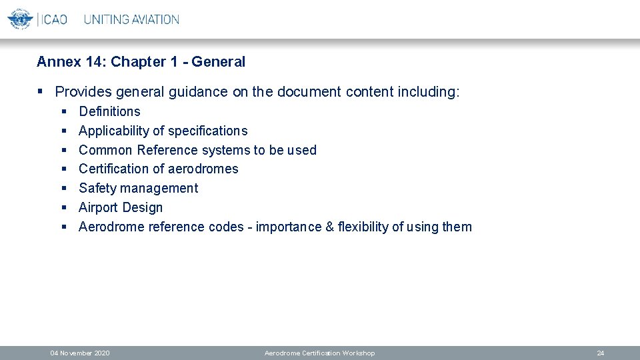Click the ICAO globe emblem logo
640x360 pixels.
coord(20,19)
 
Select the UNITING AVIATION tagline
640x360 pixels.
coord(131,19)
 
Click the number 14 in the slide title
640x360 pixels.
coord(93,62)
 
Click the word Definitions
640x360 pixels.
coord(109,111)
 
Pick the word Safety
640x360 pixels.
coord(97,188)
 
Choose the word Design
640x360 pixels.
coord(141,207)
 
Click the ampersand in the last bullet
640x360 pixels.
coord(329,227)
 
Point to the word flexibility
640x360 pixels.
coord(363,227)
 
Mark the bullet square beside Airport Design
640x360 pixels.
coord(65,208)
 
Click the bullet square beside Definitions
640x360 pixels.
coord(65,112)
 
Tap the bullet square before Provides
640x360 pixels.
coord(41,92)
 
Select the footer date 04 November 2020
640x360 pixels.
coord(81,353)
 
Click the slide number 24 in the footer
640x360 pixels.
coord(600,353)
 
